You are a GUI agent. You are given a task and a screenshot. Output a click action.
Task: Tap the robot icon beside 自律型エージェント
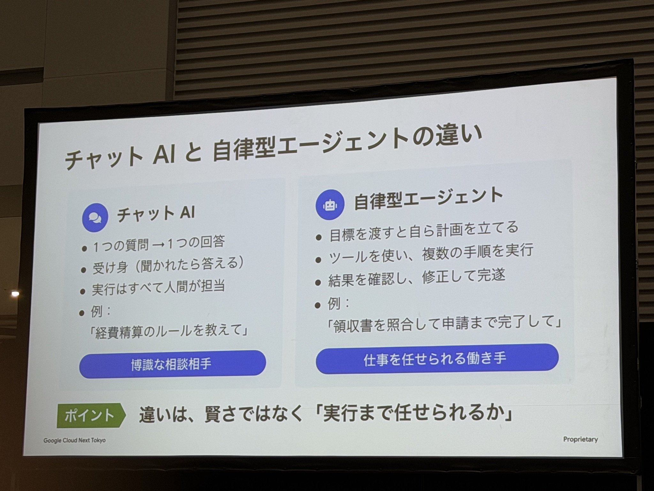[x=330, y=205]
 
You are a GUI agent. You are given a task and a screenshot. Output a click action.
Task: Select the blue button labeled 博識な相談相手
[x=172, y=364]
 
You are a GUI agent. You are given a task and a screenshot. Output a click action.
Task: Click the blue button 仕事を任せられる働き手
[x=437, y=359]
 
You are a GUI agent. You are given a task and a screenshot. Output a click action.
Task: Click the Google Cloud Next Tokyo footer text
[x=74, y=440]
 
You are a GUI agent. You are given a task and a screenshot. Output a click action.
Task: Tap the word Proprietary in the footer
[x=581, y=439]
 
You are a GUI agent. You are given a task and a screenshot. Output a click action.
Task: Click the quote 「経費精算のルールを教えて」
[x=169, y=332]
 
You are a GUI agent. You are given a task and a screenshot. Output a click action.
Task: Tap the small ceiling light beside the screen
[x=15, y=293]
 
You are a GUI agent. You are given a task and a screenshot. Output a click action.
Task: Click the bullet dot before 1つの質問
[x=84, y=248]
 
